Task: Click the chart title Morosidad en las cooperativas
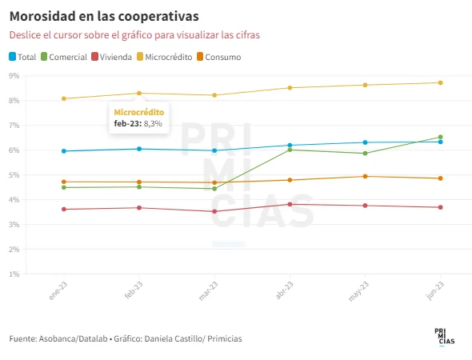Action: (x=104, y=16)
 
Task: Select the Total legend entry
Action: (x=22, y=57)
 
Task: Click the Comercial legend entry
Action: (x=64, y=57)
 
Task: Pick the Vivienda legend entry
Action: (x=112, y=57)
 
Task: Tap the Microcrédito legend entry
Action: (x=164, y=57)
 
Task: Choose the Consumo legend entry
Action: (x=219, y=57)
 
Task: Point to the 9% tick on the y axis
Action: (x=14, y=75)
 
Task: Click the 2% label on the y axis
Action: (x=14, y=250)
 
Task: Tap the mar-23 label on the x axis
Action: (x=208, y=291)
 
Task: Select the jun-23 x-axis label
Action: (x=435, y=290)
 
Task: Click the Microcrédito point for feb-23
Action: (x=139, y=94)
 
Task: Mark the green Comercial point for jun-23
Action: (x=440, y=137)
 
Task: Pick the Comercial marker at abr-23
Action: (x=290, y=150)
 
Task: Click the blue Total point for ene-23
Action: (x=64, y=151)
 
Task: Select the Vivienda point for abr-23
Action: (x=290, y=204)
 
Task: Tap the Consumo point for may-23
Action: (x=365, y=176)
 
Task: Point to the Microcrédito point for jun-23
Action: (x=440, y=82)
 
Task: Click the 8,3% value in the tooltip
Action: (x=153, y=124)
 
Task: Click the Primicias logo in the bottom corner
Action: (x=444, y=337)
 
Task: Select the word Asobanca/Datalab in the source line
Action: (x=73, y=339)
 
